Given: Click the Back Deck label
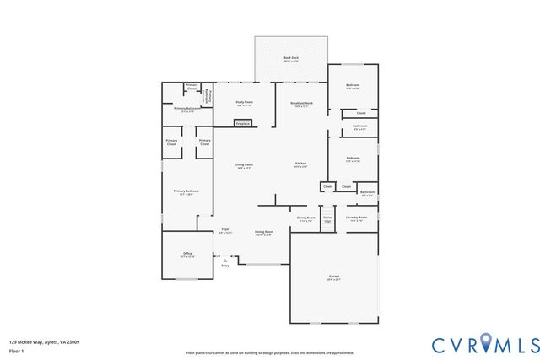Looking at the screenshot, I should tap(290, 59).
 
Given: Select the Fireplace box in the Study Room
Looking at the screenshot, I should tap(242, 124).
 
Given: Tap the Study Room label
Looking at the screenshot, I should tap(244, 102).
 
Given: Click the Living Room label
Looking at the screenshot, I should tap(243, 165).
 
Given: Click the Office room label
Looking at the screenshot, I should tap(187, 254).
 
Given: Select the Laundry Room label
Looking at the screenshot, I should tap(356, 218).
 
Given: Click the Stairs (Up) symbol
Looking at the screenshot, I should tap(327, 221).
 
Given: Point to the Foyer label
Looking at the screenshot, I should tap(225, 230).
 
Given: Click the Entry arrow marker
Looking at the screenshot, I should tap(225, 262).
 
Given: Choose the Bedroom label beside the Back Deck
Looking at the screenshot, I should tap(354, 86).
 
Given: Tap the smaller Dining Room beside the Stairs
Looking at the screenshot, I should tap(305, 218).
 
